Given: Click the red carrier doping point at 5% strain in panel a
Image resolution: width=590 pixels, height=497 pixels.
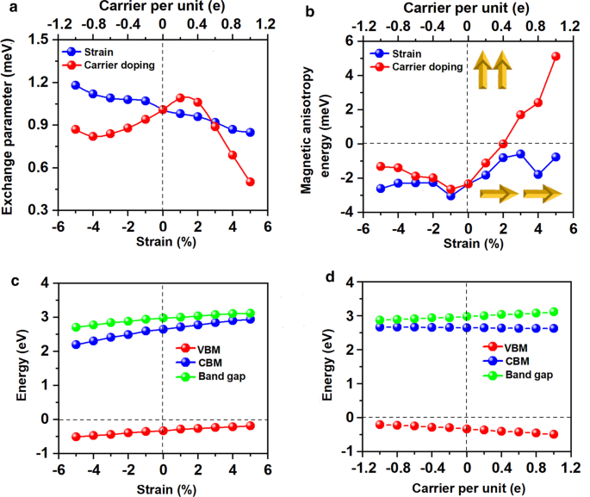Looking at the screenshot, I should [250, 182].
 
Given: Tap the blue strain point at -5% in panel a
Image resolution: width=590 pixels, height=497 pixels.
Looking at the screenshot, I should [76, 85].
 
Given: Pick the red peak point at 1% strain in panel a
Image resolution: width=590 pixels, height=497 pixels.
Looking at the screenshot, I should [180, 97].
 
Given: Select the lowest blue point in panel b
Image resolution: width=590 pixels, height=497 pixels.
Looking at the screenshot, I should [450, 196].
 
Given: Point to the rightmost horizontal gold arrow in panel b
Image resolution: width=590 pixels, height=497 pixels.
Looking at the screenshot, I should [542, 194].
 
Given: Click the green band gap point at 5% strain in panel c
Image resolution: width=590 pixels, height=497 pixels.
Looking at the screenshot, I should [250, 314].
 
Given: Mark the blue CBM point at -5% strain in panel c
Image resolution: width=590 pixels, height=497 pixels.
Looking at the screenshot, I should [76, 345].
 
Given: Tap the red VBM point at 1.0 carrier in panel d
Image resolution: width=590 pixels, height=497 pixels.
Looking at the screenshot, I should [554, 434].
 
